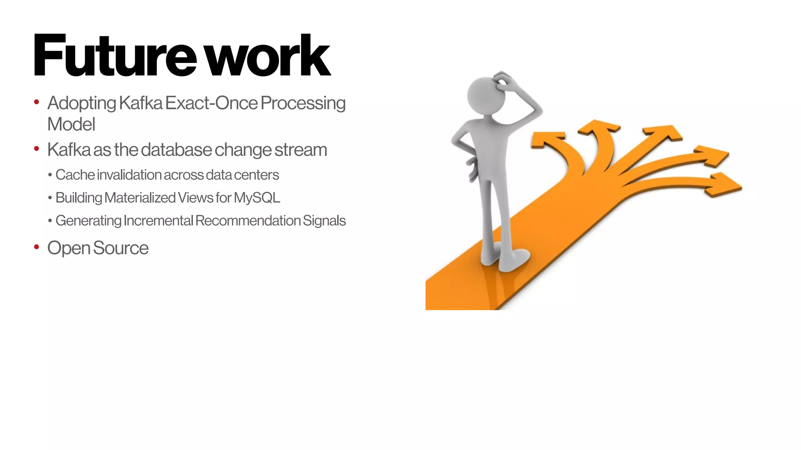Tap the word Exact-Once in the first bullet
(x=212, y=103)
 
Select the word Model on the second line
(x=71, y=125)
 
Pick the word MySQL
(x=257, y=198)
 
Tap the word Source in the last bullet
(x=121, y=248)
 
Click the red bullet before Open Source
(x=37, y=247)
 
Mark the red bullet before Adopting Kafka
(x=37, y=102)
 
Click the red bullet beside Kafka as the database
(x=37, y=149)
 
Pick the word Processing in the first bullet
(x=303, y=103)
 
